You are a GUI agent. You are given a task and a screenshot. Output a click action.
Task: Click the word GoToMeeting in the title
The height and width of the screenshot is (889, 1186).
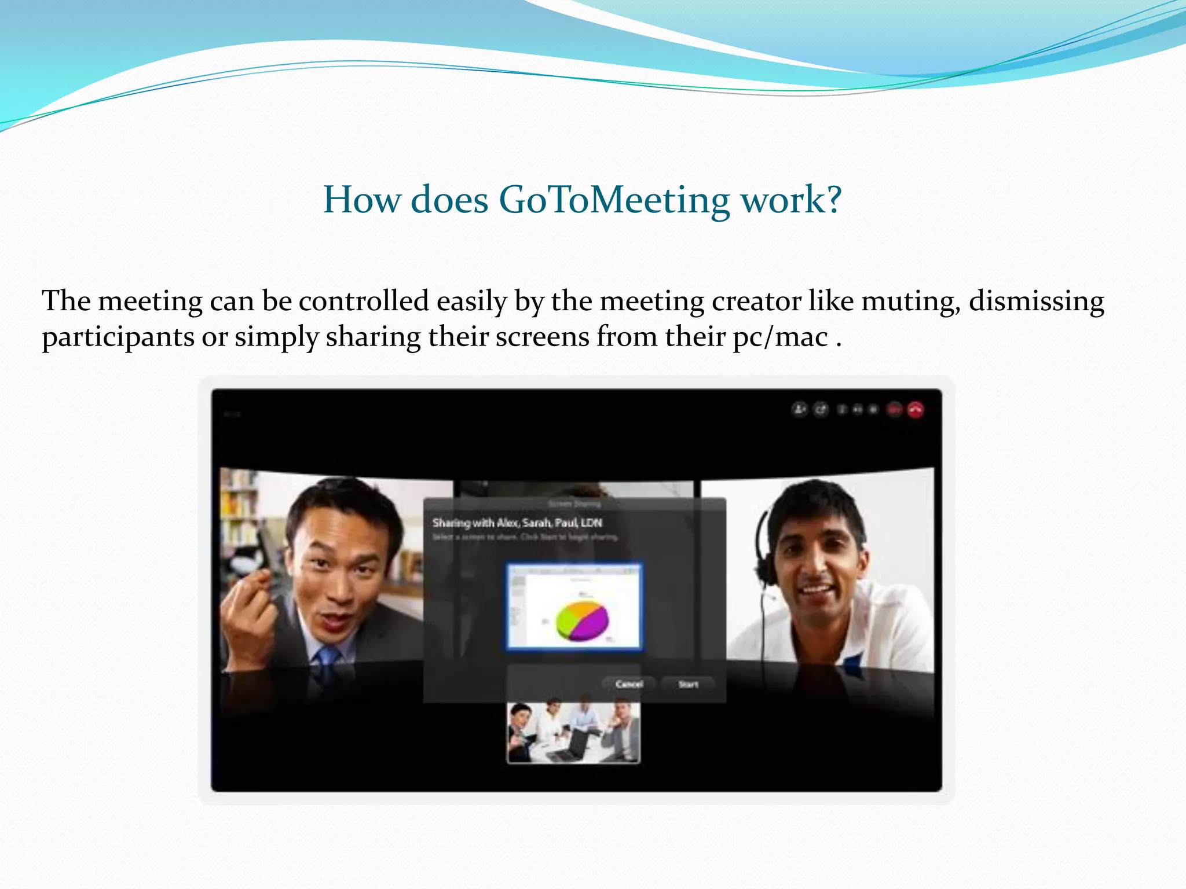coord(614,200)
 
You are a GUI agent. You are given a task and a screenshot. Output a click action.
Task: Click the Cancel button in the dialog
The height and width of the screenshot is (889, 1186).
coord(629,684)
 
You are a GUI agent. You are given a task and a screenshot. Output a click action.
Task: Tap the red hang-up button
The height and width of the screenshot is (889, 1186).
coord(916,410)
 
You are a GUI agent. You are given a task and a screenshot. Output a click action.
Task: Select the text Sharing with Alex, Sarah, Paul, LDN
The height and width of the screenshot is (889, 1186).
coord(517,523)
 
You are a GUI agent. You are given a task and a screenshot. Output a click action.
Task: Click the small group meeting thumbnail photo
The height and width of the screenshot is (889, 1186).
coord(573,733)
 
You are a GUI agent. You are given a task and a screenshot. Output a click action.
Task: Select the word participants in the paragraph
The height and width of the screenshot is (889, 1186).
coord(118,337)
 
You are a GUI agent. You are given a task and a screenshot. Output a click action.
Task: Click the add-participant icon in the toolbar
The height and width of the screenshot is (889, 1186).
coord(800,410)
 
